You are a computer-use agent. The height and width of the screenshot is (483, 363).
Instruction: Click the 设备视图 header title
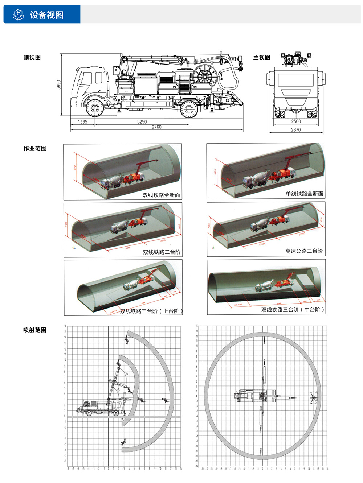pos(46,15)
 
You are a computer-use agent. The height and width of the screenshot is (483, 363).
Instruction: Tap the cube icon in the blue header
pos(18,15)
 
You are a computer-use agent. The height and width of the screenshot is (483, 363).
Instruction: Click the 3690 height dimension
pos(59,85)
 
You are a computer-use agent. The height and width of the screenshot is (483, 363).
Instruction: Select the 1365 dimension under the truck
pos(82,122)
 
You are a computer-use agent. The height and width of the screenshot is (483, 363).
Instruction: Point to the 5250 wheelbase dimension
pos(142,122)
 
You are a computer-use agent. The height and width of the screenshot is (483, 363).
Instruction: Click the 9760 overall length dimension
pos(156,127)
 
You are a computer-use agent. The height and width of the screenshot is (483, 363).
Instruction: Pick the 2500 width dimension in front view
pos(296,122)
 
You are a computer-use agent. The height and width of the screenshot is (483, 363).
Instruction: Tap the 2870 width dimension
pos(296,130)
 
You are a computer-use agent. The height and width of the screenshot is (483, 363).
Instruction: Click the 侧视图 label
pos(32,57)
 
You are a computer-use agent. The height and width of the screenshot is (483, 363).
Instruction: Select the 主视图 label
pos(262,57)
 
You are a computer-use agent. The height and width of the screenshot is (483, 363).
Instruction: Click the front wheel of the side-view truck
pos(94,108)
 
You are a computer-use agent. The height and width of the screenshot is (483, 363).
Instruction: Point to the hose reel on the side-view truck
pos(205,75)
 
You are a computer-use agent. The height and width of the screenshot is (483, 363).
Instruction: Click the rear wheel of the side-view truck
pos(189,108)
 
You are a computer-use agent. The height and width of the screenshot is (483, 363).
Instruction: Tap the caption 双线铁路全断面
pos(161,195)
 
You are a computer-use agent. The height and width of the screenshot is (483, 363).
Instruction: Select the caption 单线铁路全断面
pos(304,194)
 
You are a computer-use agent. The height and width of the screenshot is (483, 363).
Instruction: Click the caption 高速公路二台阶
pos(304,251)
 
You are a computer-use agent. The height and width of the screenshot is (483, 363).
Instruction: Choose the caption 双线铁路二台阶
pos(162,252)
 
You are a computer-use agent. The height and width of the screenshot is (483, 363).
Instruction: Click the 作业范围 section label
pos(35,148)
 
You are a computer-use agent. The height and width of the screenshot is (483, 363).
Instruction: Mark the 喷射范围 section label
pos(35,330)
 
